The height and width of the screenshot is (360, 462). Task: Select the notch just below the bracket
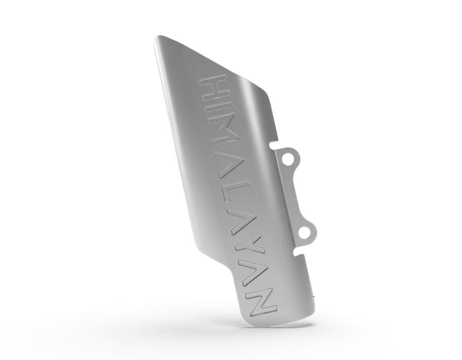299,255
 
